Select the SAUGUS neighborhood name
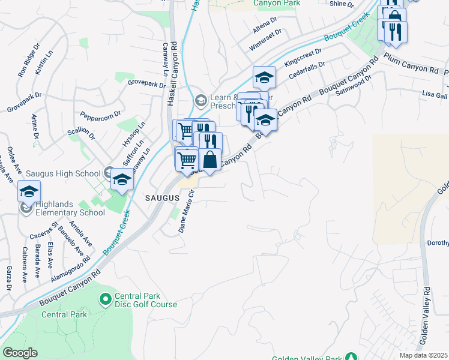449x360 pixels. (161, 197)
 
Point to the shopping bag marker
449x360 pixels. (210, 160)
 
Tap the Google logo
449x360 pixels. (20, 353)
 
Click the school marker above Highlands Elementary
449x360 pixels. (29, 191)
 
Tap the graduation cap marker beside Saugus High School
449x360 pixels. (122, 179)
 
